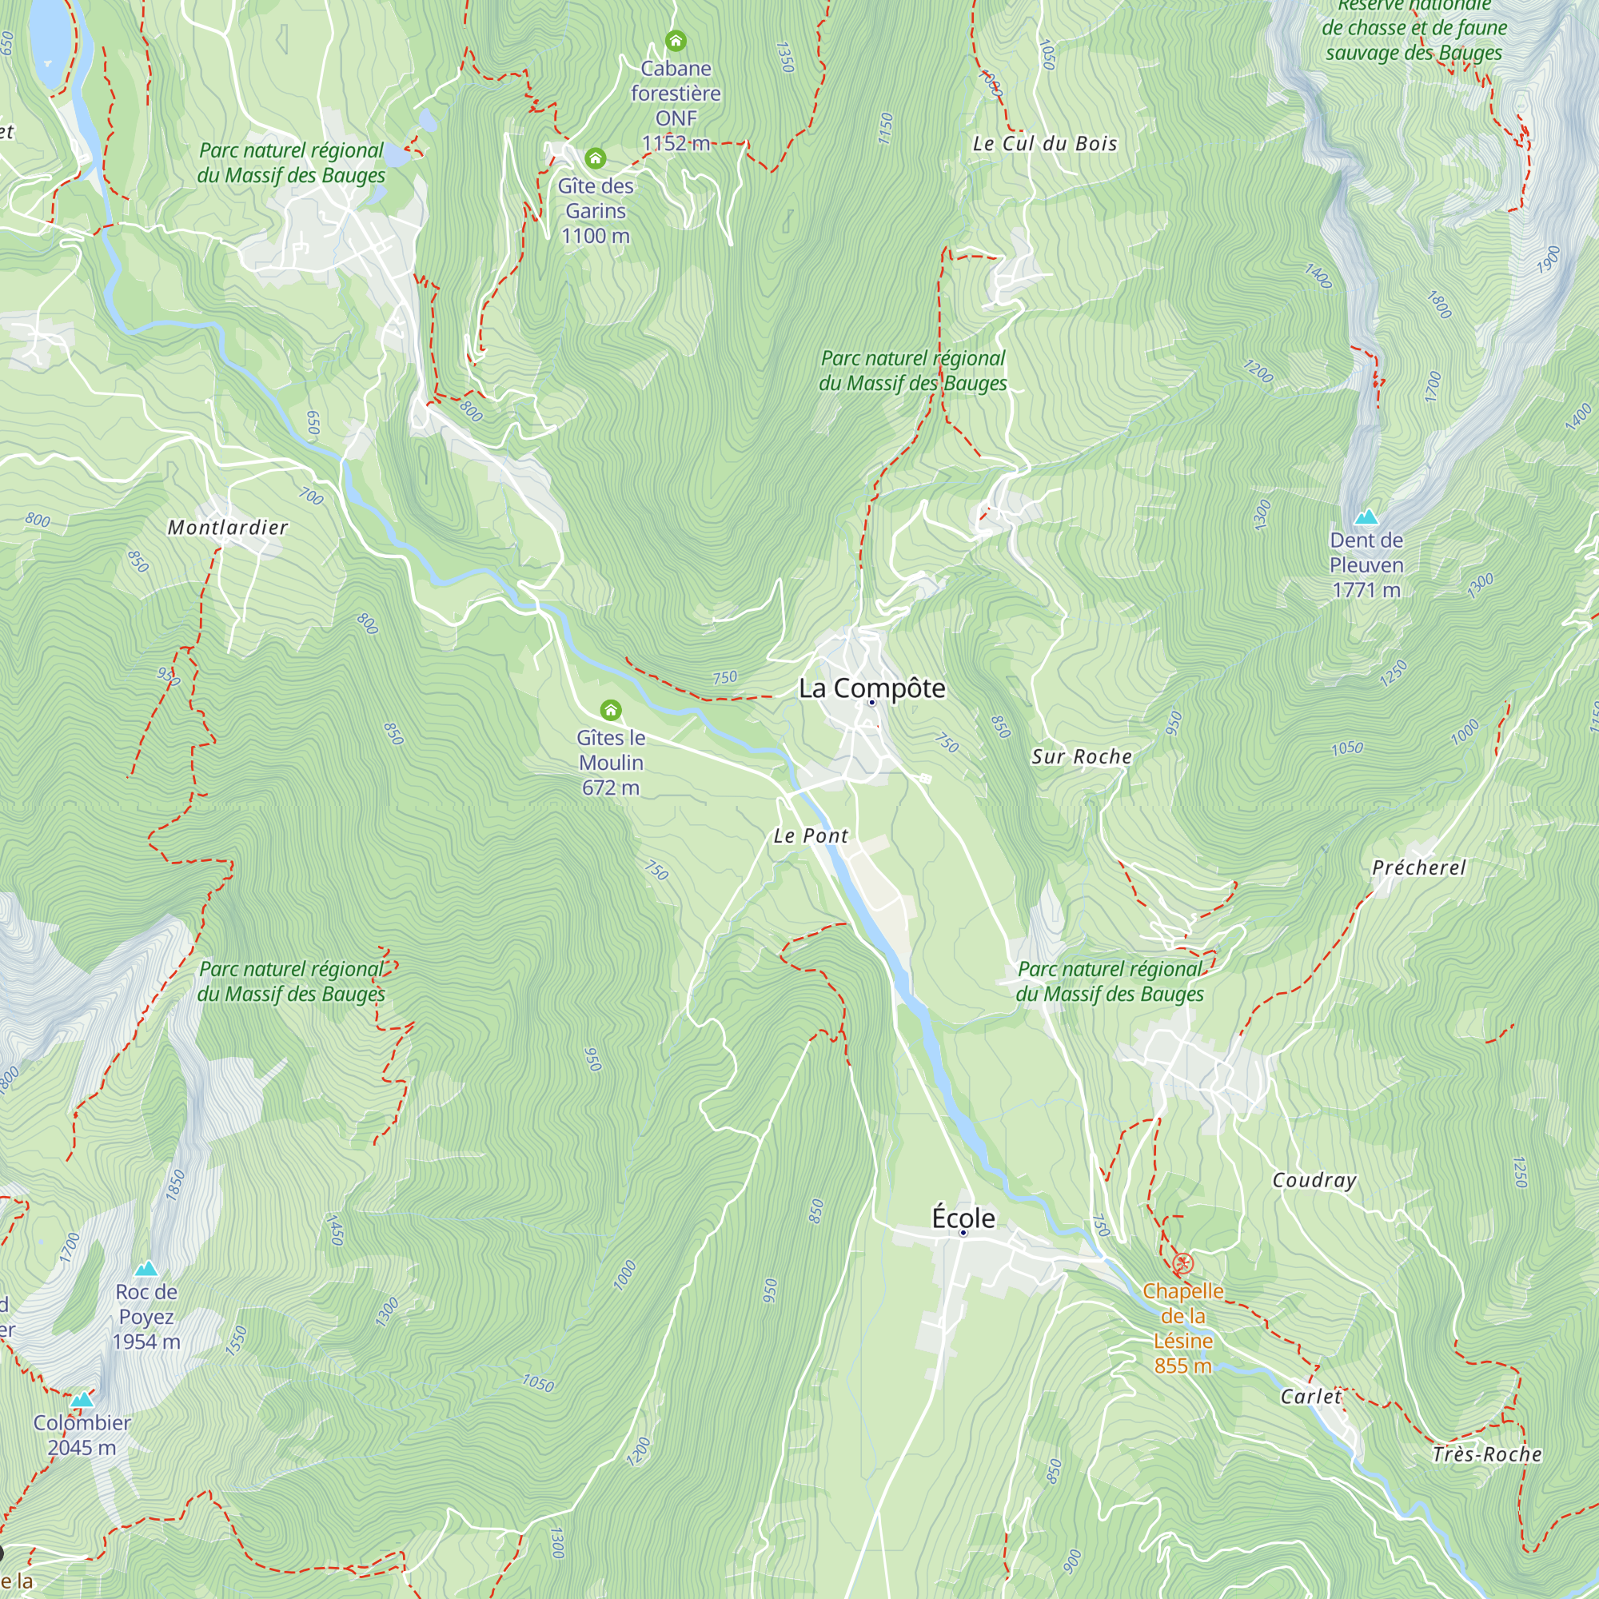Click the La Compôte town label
point(871,688)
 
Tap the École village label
point(963,1218)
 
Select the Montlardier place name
point(228,527)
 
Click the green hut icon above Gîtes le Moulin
point(611,710)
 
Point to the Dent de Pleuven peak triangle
point(1366,517)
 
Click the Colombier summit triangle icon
point(81,1400)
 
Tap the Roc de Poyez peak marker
point(146,1268)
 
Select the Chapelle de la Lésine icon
point(1182,1264)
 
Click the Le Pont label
point(811,836)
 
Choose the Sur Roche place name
point(1081,756)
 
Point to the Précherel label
point(1418,867)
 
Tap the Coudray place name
point(1314,1180)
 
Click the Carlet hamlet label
point(1310,1396)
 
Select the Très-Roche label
point(1487,1454)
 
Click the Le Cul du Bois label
point(1044,143)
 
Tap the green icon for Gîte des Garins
point(595,158)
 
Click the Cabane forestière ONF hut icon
point(676,41)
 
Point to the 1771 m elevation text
point(1366,590)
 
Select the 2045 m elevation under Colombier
point(81,1448)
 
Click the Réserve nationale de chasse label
point(1414,28)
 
